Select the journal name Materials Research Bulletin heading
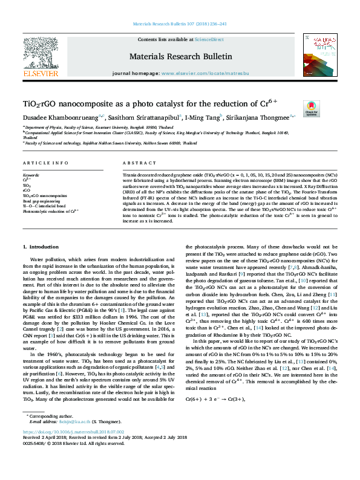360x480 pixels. (180, 56)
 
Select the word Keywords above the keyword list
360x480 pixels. (31, 175)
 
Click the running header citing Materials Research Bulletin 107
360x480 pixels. (180, 24)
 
